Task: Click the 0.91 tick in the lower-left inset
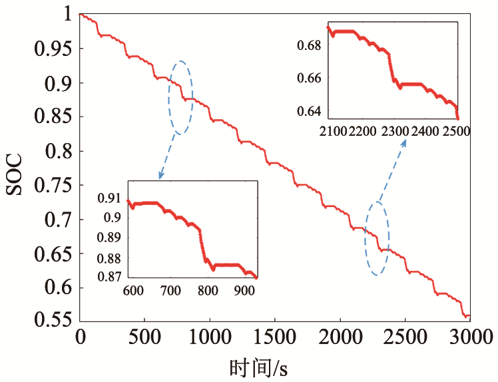point(111,198)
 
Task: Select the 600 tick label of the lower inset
point(133,291)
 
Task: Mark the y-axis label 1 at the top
point(65,13)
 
